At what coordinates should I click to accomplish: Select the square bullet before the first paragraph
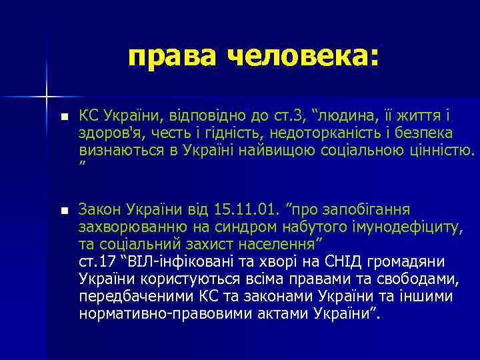63,117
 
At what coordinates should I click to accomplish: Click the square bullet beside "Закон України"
63,211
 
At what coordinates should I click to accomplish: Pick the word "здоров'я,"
109,133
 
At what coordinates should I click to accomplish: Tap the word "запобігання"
371,210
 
